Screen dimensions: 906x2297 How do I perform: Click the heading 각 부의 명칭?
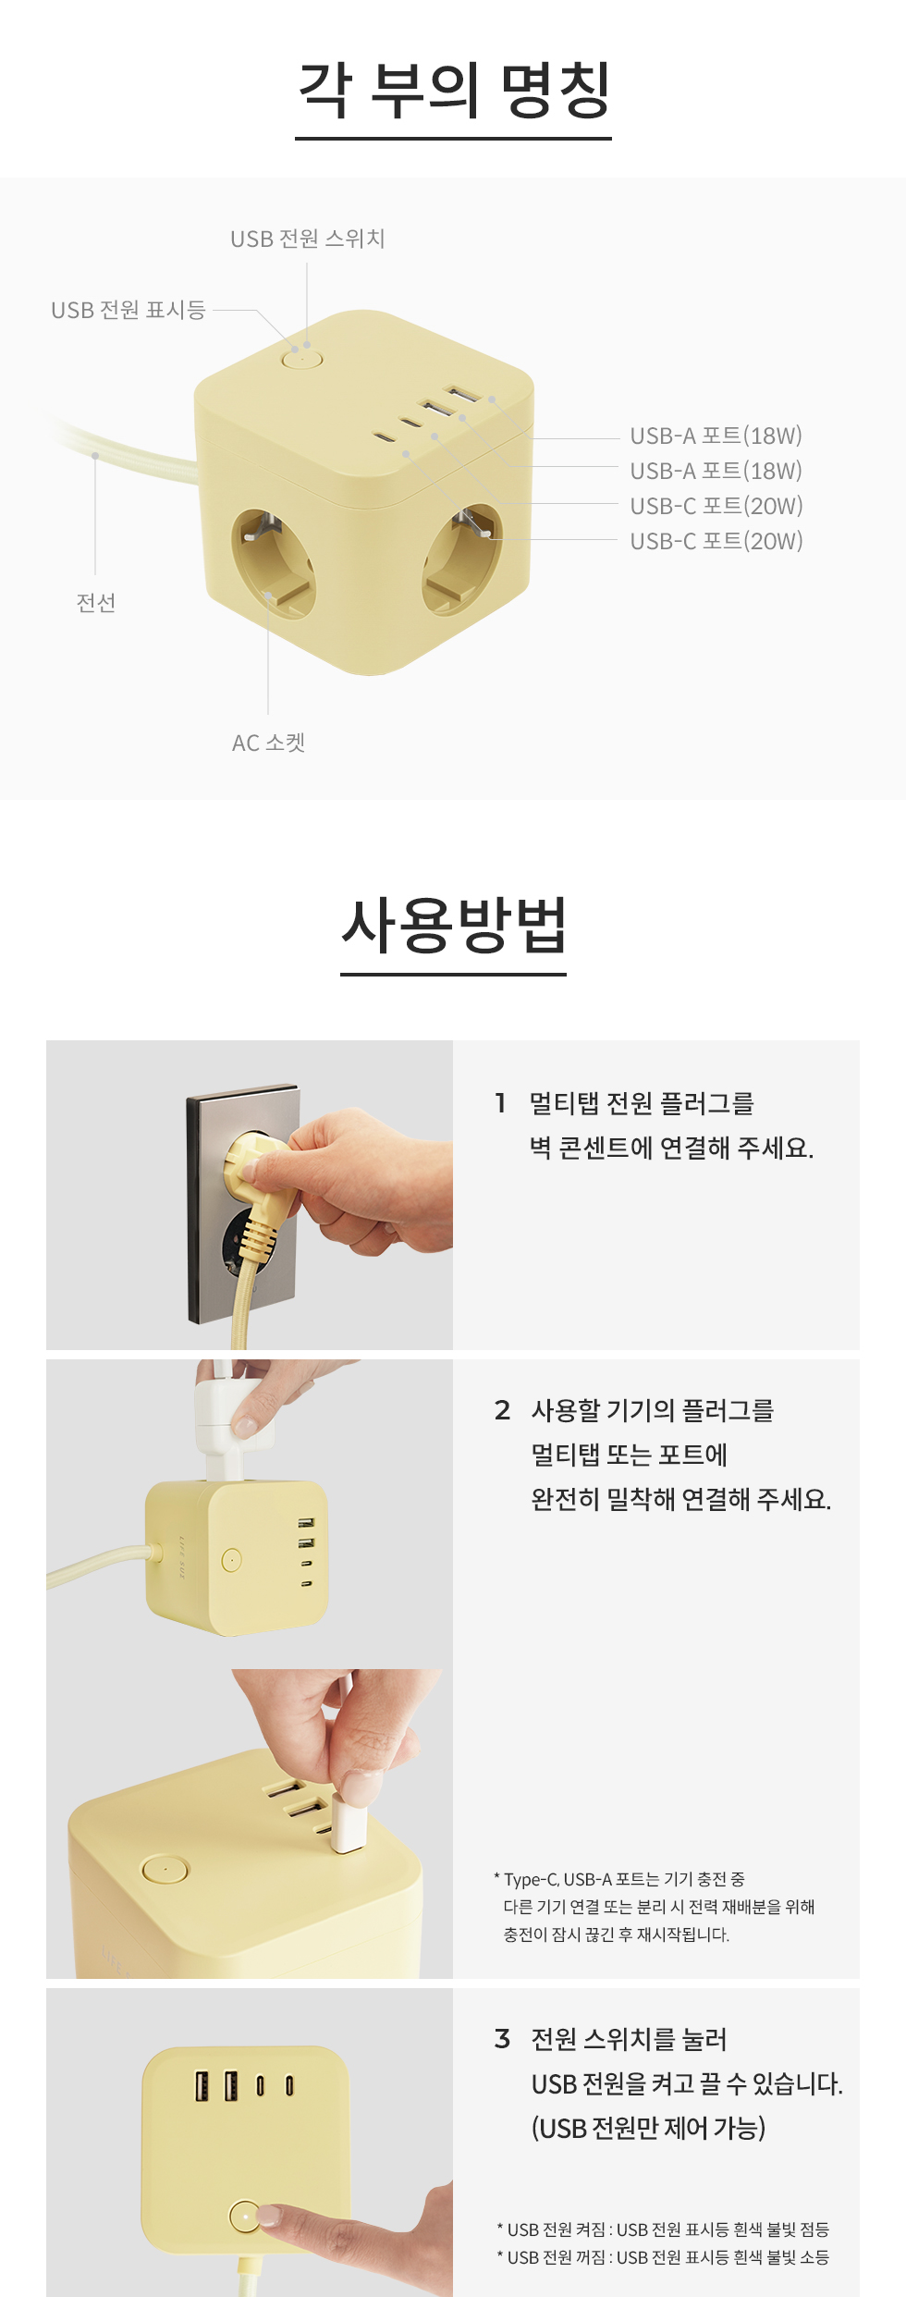(453, 90)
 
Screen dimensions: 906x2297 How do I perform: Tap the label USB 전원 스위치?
(308, 239)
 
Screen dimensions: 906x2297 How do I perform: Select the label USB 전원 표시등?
(128, 310)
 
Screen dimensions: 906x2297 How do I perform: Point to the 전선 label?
(95, 603)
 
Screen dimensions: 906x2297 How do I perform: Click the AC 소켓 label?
(268, 743)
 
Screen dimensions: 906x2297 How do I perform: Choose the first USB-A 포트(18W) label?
(716, 436)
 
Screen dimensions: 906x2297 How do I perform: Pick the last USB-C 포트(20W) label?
(716, 541)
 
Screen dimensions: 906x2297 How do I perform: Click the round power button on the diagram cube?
(301, 357)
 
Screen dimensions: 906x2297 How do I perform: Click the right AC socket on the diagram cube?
(462, 559)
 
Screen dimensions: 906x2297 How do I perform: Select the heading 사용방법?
(453, 925)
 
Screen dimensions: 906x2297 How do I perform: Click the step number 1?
(500, 1102)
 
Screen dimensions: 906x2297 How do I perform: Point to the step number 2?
(502, 1409)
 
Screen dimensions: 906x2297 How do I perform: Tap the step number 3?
(502, 2038)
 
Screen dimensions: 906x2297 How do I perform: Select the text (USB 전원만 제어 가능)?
(648, 2128)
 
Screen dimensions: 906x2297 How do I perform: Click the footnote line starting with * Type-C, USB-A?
(619, 1879)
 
